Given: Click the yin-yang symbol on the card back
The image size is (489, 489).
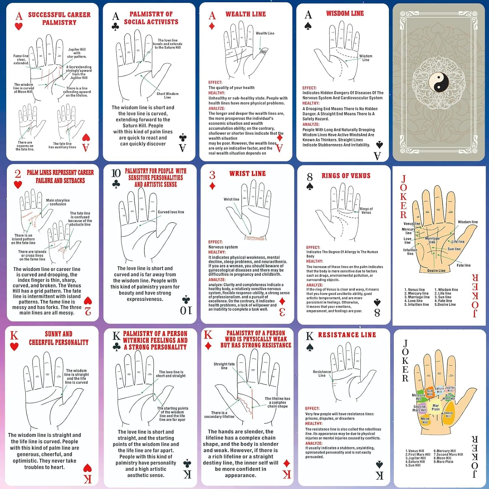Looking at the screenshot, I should click(438, 82).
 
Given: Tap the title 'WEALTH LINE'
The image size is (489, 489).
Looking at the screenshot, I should click(245, 14).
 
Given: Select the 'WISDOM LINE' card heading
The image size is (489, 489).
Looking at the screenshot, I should click(345, 13).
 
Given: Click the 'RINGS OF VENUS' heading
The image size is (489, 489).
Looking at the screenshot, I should click(346, 176).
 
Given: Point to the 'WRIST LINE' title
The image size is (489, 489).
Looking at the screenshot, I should click(247, 173).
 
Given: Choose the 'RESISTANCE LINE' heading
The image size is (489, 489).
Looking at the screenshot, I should click(347, 335).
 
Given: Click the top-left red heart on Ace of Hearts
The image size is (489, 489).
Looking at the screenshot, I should click(19, 26).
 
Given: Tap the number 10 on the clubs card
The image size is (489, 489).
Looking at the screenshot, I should click(116, 173).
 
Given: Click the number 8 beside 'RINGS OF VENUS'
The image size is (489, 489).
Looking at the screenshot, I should click(310, 177).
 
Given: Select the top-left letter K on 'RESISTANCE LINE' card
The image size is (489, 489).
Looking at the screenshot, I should click(310, 336).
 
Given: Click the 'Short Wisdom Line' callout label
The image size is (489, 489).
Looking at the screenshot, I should click(167, 96).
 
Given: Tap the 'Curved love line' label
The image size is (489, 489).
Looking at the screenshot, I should click(171, 212).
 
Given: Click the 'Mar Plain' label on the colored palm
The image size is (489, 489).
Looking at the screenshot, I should click(436, 407).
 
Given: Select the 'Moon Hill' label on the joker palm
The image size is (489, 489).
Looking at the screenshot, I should click(425, 421).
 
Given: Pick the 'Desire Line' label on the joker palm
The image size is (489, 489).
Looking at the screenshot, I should click(436, 271).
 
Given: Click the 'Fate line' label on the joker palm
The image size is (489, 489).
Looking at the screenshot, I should click(463, 265).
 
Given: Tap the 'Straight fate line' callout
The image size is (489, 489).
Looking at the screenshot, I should click(224, 366).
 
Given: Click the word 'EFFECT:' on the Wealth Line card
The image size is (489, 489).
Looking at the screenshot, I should click(215, 82).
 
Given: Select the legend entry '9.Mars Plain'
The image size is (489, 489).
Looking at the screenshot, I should click(443, 462).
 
